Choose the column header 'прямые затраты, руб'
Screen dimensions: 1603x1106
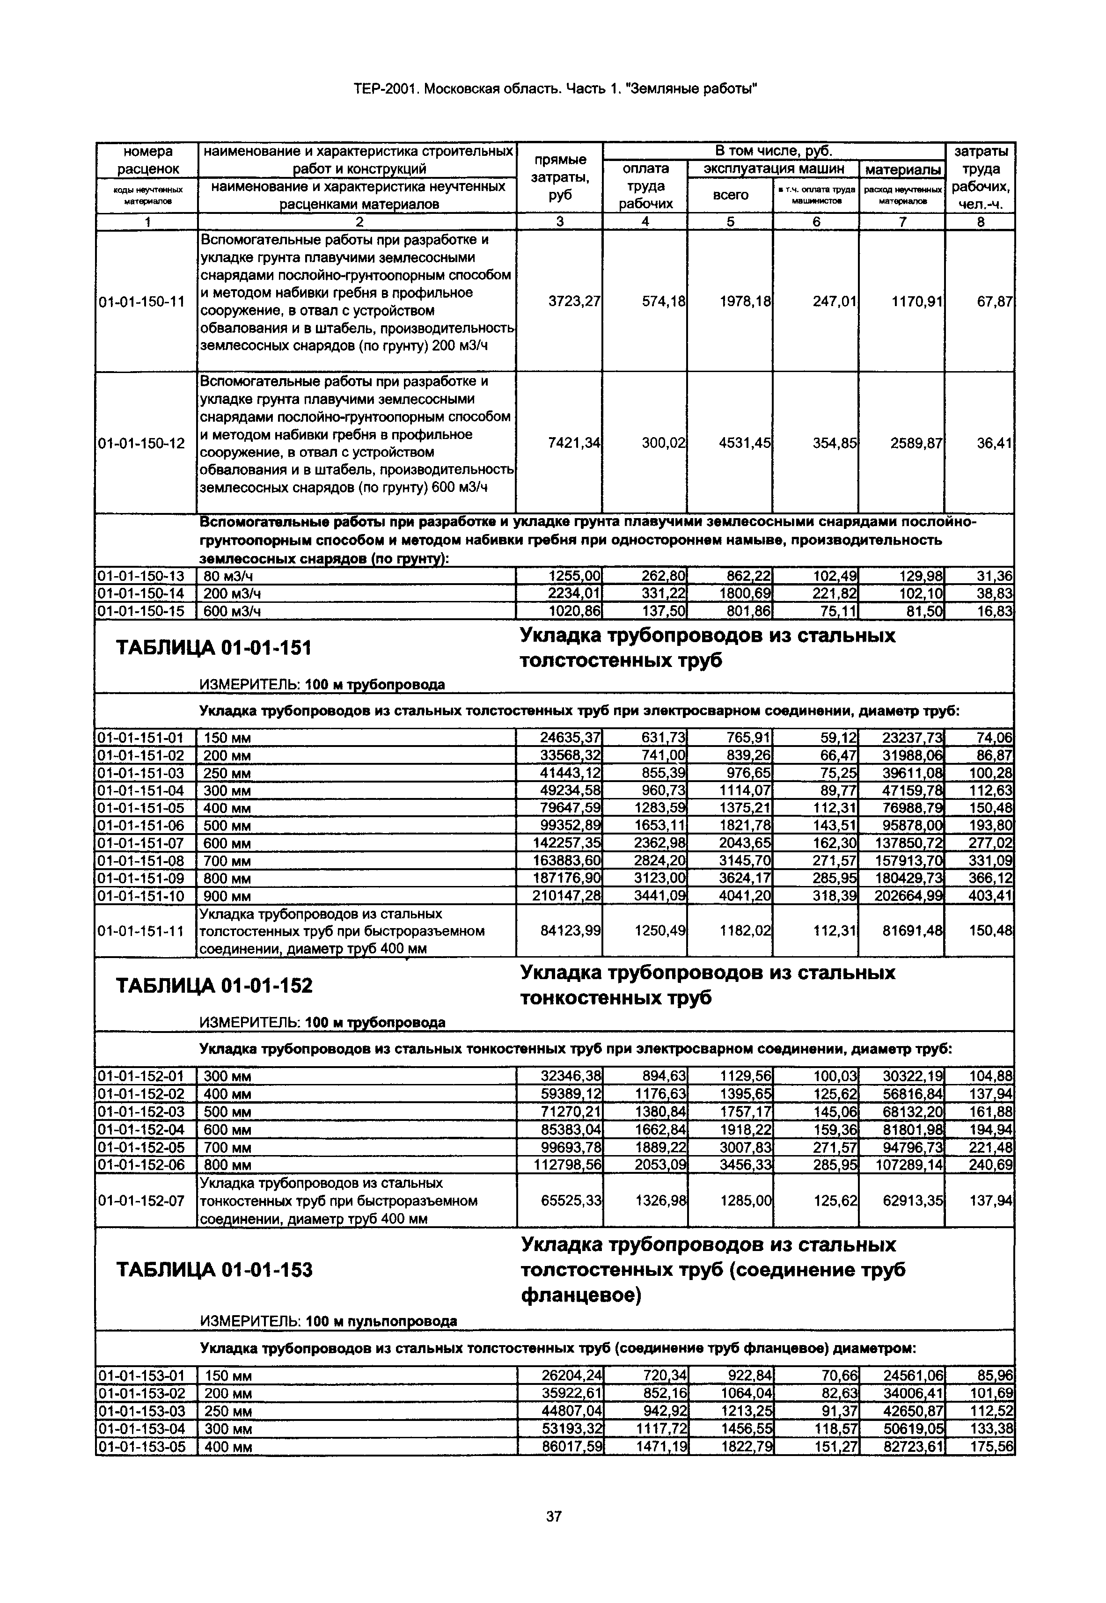[560, 177]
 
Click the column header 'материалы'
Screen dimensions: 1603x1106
[902, 169]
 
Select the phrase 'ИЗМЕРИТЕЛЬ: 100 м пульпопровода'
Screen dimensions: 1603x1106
[328, 1321]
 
